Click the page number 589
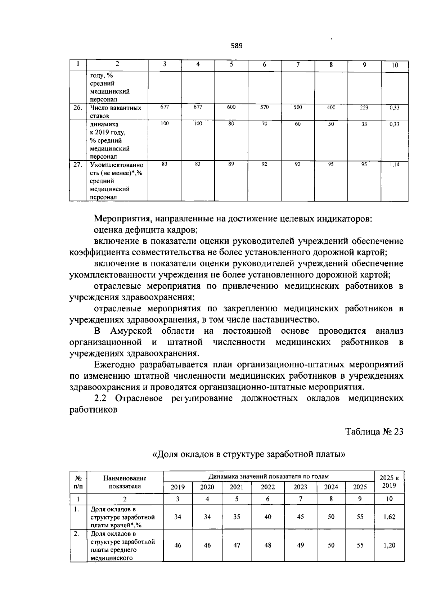tap(236, 46)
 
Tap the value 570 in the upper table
tap(265, 107)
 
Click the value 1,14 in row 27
tap(395, 164)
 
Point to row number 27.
tap(77, 165)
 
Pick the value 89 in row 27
tap(231, 164)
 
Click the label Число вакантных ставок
tap(115, 112)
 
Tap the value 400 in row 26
tap(331, 107)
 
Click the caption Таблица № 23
tap(374, 431)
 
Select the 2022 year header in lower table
tap(267, 487)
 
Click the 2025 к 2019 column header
tap(389, 482)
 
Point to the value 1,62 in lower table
tap(389, 517)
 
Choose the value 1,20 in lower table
tap(389, 545)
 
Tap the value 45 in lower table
tap(300, 517)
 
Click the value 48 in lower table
tap(267, 545)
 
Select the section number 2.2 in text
tap(100, 398)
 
